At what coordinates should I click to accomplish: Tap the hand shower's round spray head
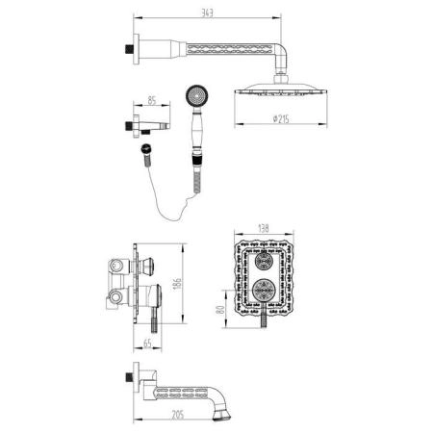tap(196, 96)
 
